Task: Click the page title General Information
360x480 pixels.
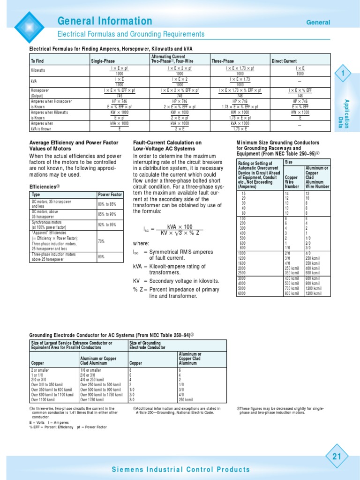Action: [105, 21]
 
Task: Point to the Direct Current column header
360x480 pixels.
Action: [284, 61]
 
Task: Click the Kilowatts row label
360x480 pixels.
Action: [38, 70]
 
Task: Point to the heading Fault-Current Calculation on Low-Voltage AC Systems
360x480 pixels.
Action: [167, 145]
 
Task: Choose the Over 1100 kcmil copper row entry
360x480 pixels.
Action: [45, 400]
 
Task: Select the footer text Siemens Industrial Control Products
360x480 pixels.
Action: [180, 469]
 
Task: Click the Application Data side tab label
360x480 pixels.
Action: [346, 114]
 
